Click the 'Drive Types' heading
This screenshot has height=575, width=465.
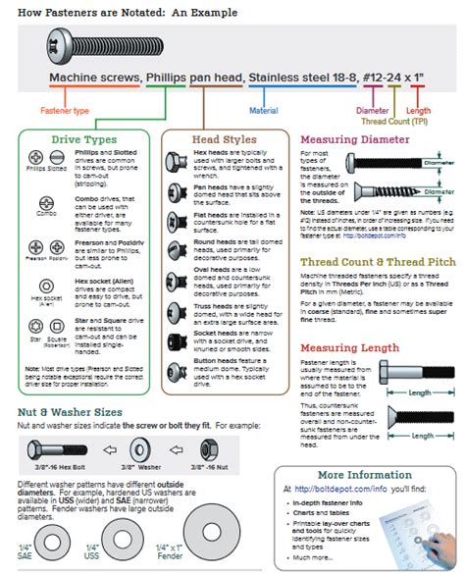79,140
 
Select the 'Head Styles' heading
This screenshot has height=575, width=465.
225,140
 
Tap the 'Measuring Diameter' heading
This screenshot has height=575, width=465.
353,140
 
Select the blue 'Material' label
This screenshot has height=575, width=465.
264,112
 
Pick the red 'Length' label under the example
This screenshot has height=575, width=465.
419,112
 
